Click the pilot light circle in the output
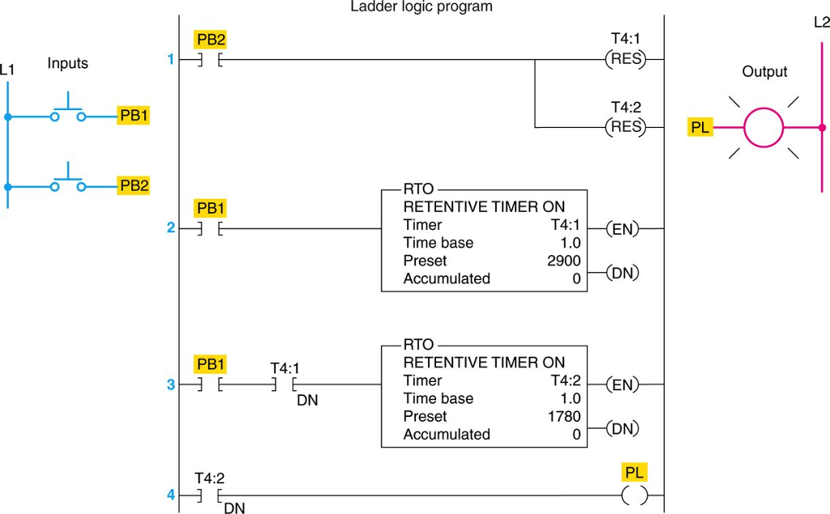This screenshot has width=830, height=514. (764, 127)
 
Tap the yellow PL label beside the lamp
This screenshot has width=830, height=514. (700, 127)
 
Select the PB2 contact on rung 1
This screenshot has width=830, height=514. (210, 59)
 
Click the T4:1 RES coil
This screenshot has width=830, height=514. (626, 59)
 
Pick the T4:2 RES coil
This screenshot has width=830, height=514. (626, 127)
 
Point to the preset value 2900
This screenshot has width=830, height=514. (564, 261)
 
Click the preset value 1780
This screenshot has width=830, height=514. (564, 417)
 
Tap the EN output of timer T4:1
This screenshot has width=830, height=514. (622, 229)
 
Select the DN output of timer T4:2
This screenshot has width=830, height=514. (622, 429)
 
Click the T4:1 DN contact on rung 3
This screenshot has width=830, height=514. (285, 385)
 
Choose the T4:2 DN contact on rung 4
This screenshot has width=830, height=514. (210, 495)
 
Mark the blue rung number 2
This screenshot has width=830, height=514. (171, 228)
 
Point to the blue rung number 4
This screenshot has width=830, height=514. (171, 494)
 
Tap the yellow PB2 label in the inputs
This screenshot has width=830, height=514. (134, 185)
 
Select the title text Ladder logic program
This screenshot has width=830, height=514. (421, 7)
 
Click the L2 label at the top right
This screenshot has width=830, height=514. (821, 23)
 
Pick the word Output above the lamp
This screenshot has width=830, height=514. (764, 72)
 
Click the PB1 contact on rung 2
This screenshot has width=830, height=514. (210, 229)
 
